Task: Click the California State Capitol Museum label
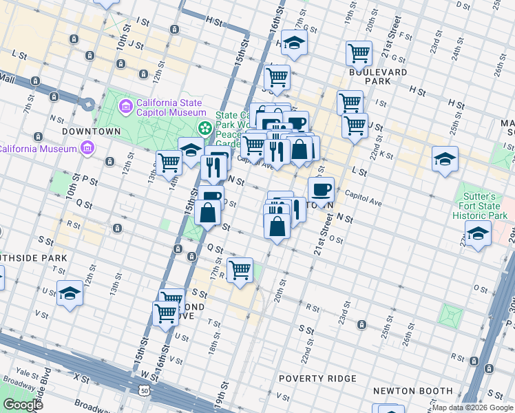171,107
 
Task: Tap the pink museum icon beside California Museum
87,148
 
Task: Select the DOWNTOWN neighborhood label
92,131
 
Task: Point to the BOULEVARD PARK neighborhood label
378,76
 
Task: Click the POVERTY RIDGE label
317,379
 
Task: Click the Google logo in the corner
23,405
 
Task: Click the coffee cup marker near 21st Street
321,189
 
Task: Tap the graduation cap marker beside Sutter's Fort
478,234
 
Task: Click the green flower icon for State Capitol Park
205,128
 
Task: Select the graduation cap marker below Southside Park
70,293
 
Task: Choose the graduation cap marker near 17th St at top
294,43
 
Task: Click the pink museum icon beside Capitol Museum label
125,107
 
